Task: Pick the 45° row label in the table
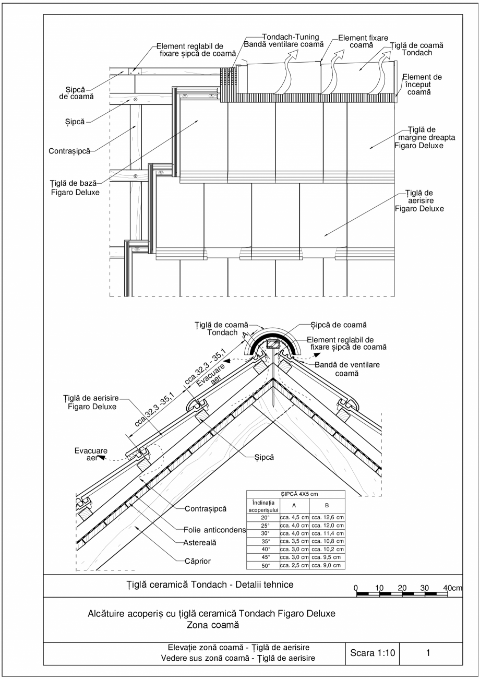coord(265,557)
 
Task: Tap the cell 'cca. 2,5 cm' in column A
coord(294,565)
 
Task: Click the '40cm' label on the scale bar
coord(452,588)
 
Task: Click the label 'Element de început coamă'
coord(423,85)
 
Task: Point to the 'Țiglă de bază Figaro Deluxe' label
coord(77,187)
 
